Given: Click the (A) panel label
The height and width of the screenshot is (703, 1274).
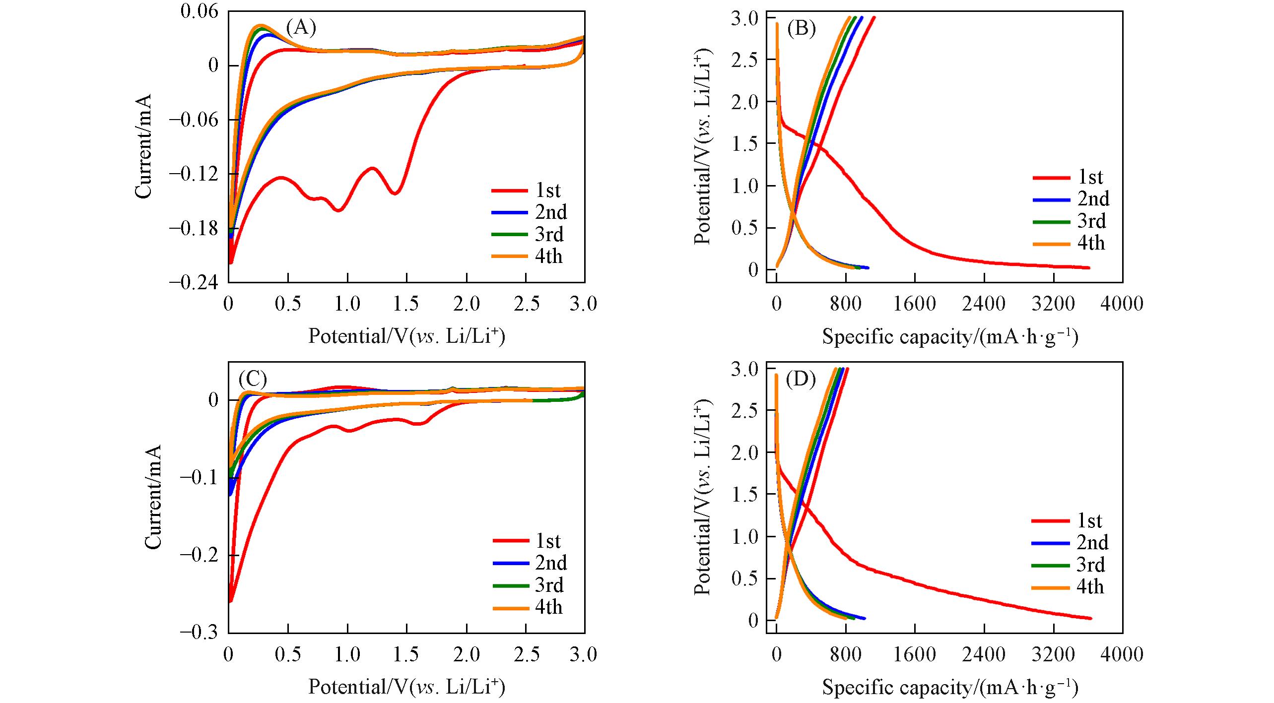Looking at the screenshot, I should pos(301,27).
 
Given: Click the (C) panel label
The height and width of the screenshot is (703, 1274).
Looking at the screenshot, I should pos(253,379).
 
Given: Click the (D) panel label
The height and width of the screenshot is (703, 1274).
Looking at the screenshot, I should pos(801,380).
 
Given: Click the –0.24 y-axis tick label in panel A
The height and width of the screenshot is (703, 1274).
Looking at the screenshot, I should pos(194,282).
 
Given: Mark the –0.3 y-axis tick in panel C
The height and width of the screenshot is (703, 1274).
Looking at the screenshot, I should pos(199,632).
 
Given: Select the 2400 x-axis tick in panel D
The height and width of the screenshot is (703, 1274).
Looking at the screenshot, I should pos(984,654).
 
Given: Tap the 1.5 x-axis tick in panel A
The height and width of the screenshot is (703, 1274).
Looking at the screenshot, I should pos(406,304).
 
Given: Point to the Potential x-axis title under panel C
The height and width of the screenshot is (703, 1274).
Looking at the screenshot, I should pos(406,687).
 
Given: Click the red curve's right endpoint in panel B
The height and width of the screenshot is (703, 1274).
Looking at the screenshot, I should pos(1088,268).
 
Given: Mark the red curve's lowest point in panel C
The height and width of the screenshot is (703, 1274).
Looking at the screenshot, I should pos(230,601).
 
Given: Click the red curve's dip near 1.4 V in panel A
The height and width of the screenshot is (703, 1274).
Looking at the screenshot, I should pos(395,193).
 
